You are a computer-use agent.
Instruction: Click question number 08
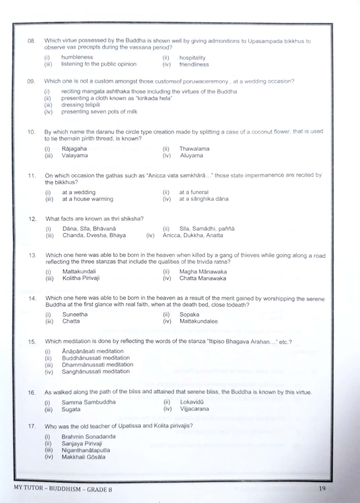(x=31, y=41)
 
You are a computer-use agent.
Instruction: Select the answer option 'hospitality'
(x=192, y=58)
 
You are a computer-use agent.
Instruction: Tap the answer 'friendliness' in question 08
(x=194, y=64)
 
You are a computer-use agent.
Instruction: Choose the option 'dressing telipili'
(x=80, y=105)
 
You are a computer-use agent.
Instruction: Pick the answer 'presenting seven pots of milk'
(x=99, y=112)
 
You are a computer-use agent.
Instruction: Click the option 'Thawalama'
(x=194, y=149)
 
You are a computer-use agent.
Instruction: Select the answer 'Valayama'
(x=75, y=155)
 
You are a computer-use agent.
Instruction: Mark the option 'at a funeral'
(x=194, y=192)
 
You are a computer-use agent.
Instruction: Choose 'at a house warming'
(x=88, y=199)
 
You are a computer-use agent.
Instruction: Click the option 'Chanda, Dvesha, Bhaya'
(x=94, y=235)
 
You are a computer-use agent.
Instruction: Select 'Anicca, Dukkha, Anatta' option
(x=193, y=235)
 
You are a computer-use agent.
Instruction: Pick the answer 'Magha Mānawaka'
(x=203, y=272)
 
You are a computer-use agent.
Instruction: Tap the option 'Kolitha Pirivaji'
(x=81, y=278)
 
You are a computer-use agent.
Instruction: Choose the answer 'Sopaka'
(x=189, y=314)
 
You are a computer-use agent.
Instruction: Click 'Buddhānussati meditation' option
(x=96, y=358)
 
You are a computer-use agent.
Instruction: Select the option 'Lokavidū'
(x=192, y=402)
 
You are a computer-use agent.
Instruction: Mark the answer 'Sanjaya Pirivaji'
(x=82, y=443)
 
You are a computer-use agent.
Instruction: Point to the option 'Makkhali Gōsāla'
(x=83, y=457)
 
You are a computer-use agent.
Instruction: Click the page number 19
(x=322, y=488)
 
